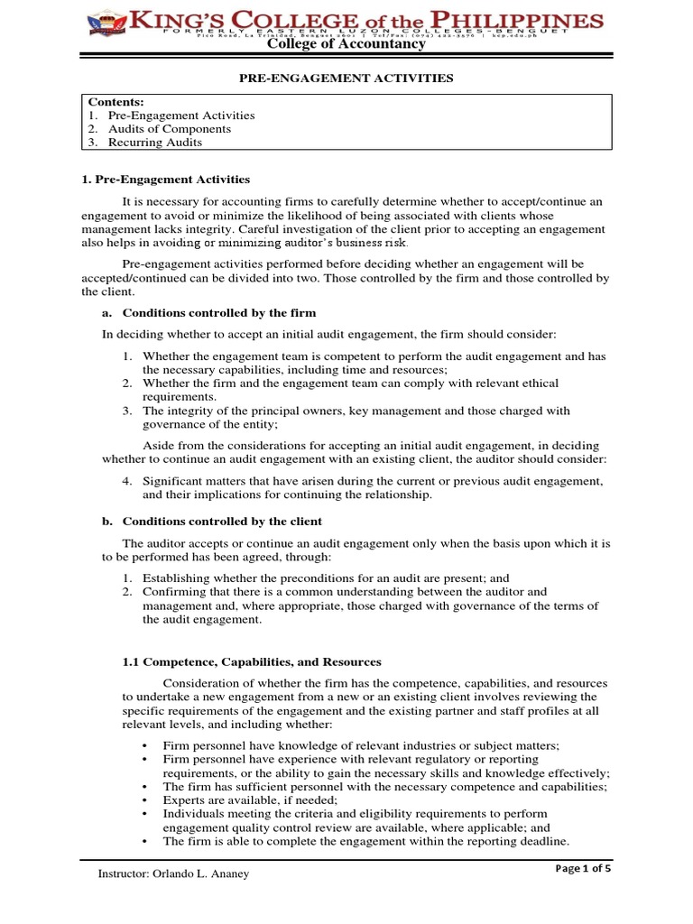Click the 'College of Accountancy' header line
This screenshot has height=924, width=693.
(x=346, y=44)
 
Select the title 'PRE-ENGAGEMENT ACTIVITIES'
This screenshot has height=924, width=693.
(x=346, y=79)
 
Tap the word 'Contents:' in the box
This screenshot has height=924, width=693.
(x=116, y=102)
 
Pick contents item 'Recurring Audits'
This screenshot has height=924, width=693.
(x=155, y=143)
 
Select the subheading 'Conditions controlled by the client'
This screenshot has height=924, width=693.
(x=222, y=522)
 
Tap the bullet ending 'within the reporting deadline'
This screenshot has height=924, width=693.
(x=365, y=841)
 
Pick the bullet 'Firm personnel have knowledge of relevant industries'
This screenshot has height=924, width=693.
(x=361, y=745)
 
